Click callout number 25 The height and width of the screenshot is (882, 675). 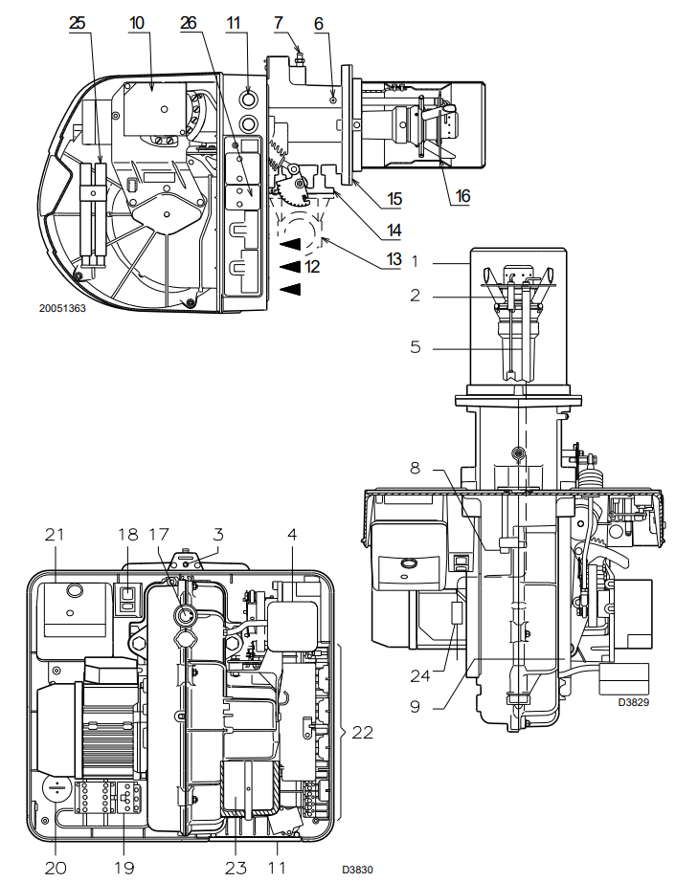coord(78,23)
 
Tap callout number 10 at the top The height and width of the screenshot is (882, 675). coord(137,23)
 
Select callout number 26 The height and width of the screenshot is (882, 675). coord(189,23)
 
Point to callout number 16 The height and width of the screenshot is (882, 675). coord(462,196)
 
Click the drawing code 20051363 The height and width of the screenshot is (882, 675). coord(62,308)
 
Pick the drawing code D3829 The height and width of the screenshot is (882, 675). coord(633,702)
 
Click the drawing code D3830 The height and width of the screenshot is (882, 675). coord(357,870)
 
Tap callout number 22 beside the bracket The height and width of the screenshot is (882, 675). coord(362,733)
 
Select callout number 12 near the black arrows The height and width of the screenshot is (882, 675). coord(312,266)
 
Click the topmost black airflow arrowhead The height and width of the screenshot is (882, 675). coord(292,244)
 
